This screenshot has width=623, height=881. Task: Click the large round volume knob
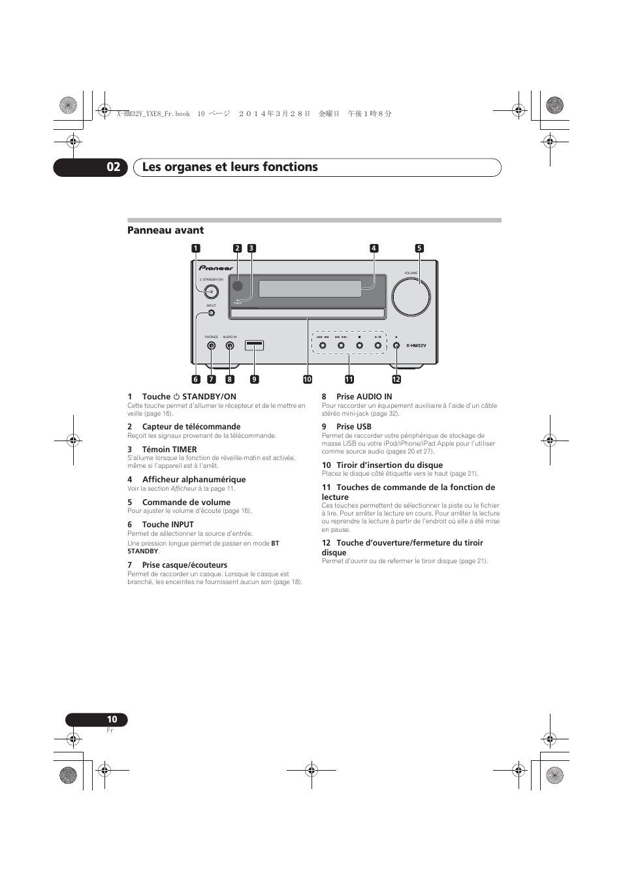pos(411,296)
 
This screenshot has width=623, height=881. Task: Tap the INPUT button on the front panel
pos(211,313)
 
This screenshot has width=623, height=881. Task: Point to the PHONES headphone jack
pos(211,346)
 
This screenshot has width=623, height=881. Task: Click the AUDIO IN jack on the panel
pos(229,346)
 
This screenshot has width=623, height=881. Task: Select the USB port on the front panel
pos(254,345)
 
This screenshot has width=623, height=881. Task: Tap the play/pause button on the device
pos(377,345)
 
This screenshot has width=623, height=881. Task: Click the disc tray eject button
pos(396,345)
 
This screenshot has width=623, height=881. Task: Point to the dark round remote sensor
pos(238,285)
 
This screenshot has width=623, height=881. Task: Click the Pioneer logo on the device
pos(216,268)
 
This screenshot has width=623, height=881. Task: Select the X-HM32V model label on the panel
pos(416,346)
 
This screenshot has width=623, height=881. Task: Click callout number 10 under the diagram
pos(307,379)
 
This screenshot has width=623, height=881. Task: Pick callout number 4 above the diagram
pos(374,248)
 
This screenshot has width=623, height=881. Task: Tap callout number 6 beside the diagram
pos(195,379)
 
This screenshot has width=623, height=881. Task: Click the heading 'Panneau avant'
pos(165,230)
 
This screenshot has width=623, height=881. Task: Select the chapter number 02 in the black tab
pos(113,167)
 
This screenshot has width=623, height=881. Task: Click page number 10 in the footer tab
pos(112,719)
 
